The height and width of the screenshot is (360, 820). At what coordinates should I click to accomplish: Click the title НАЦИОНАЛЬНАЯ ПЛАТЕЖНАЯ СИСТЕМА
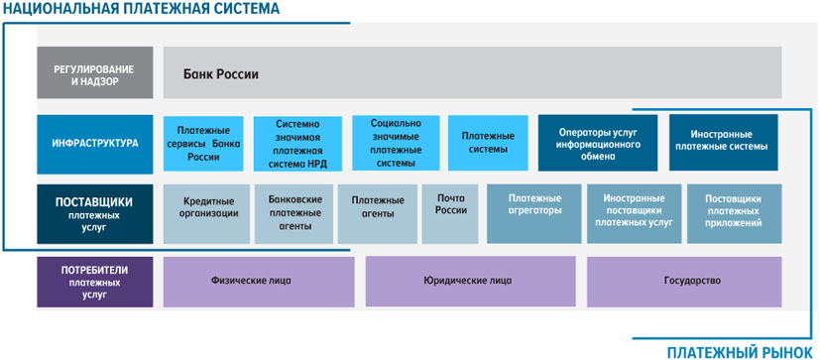point(141,8)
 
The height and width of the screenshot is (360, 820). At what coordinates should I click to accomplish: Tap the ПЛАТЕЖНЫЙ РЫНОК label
point(740,352)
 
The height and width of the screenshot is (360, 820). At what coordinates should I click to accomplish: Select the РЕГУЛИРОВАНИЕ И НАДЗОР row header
point(94,72)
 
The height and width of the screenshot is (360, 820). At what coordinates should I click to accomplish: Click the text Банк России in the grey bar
point(221,74)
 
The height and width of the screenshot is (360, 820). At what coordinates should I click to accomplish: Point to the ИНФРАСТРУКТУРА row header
point(94,145)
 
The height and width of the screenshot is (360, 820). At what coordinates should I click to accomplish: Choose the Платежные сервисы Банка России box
point(203,144)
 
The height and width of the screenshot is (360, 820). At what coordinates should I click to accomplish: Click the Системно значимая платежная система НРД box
point(297,144)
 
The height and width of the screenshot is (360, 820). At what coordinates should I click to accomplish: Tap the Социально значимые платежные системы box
point(396,143)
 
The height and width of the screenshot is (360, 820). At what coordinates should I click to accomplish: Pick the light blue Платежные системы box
point(488,143)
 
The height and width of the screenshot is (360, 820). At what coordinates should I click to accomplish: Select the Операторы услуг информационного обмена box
point(598,143)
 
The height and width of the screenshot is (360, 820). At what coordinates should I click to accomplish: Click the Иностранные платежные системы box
point(723,143)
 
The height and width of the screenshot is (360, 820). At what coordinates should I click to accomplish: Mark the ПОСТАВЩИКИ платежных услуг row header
point(94,213)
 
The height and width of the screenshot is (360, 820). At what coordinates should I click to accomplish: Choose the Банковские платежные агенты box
point(294,213)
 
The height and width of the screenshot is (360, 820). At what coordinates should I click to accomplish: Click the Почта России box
point(450,213)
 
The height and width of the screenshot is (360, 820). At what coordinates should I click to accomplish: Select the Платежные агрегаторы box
point(533,213)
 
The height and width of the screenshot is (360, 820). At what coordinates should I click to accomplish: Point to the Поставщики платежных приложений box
point(735,213)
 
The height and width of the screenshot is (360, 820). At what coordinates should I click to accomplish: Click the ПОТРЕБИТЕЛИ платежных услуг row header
point(94,282)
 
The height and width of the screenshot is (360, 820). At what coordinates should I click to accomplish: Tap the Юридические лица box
point(471,282)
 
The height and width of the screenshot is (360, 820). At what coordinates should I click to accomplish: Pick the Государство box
point(684,282)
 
